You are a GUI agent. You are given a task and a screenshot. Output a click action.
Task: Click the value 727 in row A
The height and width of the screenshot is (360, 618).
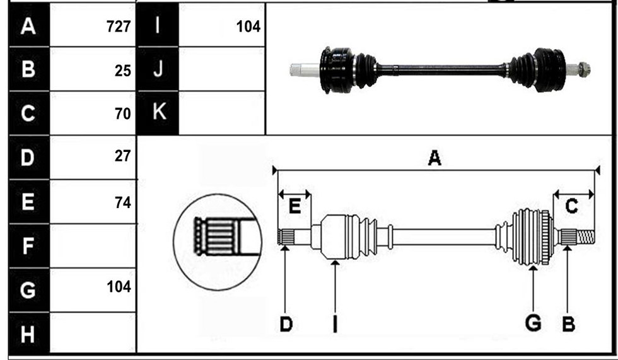point(119,26)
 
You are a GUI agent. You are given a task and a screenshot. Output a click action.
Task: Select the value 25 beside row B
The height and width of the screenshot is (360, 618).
point(123,71)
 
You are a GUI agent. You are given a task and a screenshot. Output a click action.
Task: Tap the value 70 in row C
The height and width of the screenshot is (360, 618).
point(123,114)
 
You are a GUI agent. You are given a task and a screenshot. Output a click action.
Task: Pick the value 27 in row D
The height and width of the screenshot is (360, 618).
point(123,156)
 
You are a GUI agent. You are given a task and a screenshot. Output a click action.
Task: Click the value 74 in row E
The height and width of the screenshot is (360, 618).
point(123,202)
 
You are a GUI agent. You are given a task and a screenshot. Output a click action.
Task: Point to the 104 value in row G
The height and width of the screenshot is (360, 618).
point(119,286)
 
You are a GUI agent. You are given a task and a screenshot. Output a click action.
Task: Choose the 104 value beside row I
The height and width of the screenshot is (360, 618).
point(248,26)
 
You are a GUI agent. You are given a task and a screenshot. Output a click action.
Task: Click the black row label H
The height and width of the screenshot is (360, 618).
point(28,334)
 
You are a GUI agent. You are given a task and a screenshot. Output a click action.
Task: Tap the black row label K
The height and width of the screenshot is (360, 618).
point(158,112)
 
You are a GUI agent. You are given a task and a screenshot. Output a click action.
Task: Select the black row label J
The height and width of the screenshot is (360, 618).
point(158,69)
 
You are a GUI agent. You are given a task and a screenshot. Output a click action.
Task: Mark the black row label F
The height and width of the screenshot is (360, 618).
point(28,246)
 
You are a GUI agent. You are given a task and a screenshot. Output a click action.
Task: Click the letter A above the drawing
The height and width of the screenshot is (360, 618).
point(434,158)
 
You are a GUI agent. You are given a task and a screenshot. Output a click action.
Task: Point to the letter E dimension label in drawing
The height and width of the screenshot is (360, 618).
point(295,206)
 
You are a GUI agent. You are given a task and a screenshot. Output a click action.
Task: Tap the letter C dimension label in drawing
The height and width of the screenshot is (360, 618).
point(571,206)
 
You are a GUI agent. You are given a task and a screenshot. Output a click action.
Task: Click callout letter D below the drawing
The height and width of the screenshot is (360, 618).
point(286,325)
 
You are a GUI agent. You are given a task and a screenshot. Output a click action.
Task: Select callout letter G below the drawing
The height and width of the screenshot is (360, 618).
point(533,323)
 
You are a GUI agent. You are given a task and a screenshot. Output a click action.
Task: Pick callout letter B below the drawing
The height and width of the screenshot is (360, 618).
point(568,325)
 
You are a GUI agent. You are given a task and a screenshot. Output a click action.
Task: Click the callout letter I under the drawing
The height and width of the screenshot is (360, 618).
point(335,324)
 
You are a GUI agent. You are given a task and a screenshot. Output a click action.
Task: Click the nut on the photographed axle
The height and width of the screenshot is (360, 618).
point(584,70)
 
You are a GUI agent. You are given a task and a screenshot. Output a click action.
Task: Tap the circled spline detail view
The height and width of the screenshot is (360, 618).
point(218,242)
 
